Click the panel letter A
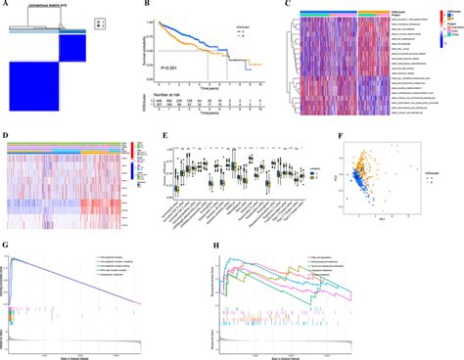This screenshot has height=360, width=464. [7, 5]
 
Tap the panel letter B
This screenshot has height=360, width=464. [148, 5]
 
